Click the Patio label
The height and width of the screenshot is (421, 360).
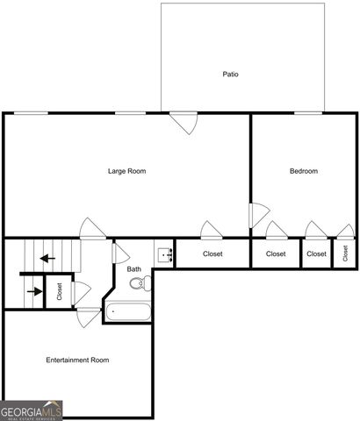[x=230, y=75]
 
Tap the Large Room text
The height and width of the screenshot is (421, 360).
[x=126, y=171]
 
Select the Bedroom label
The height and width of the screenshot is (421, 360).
[x=304, y=171]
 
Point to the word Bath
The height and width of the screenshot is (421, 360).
[x=133, y=269]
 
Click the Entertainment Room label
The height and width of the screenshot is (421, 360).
[x=77, y=360]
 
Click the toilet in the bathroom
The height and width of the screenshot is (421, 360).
[x=138, y=283]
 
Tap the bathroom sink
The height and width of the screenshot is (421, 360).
[x=164, y=255]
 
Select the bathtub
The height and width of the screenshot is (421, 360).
[x=128, y=310]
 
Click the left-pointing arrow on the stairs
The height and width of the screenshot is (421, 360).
[x=44, y=259]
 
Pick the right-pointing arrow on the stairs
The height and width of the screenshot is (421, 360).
[x=34, y=291]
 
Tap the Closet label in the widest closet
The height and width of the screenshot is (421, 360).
[x=212, y=254]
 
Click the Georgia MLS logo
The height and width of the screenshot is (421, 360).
[x=32, y=410]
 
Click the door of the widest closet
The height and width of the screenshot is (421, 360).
[x=212, y=232]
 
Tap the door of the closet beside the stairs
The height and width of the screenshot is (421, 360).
[x=81, y=292]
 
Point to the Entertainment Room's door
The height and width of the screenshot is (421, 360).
[x=89, y=317]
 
